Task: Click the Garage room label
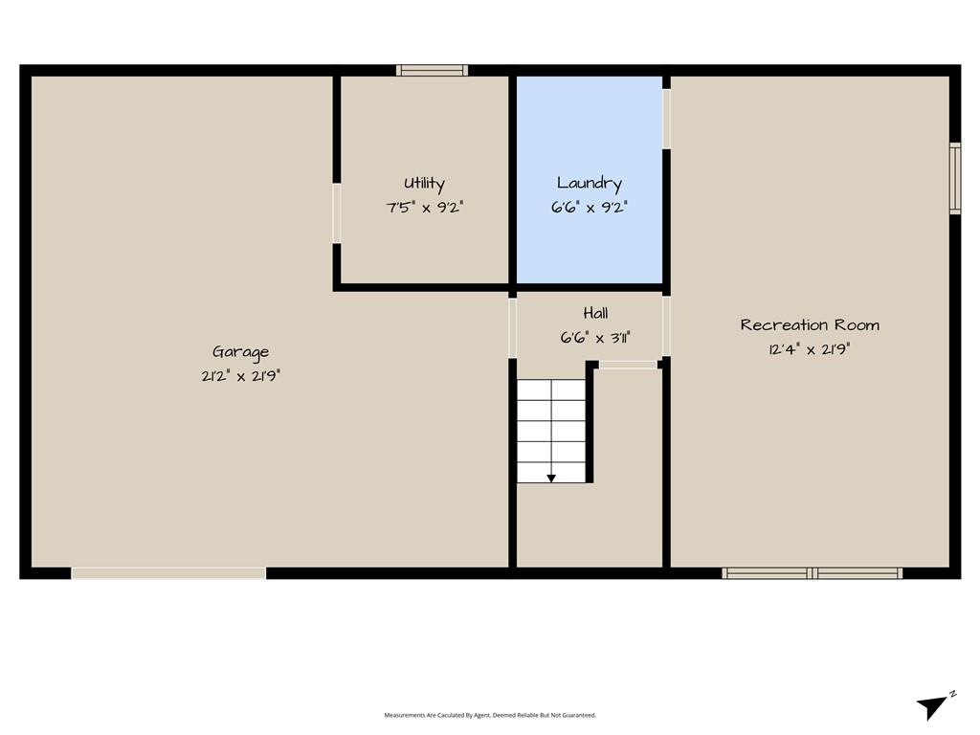click(x=240, y=352)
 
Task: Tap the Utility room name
click(x=424, y=183)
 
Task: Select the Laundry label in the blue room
click(x=590, y=183)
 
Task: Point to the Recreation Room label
click(x=810, y=325)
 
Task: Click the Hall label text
click(x=595, y=313)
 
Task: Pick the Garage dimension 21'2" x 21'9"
click(x=240, y=375)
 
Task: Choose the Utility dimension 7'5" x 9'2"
click(x=424, y=207)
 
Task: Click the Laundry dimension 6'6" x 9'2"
click(x=590, y=207)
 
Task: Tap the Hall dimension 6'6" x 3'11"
click(x=595, y=338)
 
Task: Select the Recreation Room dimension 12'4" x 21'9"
click(x=810, y=348)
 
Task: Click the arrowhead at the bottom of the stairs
click(x=551, y=479)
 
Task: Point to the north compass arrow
click(x=934, y=705)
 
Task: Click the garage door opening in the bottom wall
click(x=168, y=573)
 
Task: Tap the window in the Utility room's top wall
click(x=432, y=70)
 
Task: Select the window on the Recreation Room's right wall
click(x=955, y=178)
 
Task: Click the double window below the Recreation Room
click(x=812, y=573)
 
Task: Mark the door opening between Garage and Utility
click(x=336, y=213)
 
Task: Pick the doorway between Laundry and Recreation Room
click(x=666, y=119)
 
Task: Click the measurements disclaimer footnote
click(x=490, y=715)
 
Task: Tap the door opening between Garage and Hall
click(x=513, y=328)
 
